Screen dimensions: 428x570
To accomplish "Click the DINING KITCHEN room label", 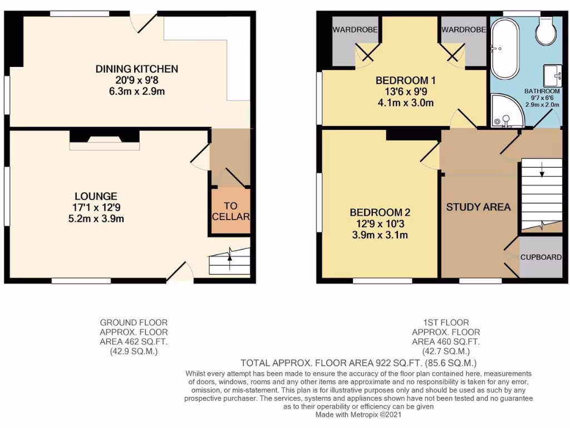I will [137, 69].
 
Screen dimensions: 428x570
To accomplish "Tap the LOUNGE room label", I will [96, 196].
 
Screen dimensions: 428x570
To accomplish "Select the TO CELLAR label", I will [230, 211].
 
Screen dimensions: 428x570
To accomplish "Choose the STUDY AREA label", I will [478, 207].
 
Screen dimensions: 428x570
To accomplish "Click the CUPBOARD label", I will [540, 257].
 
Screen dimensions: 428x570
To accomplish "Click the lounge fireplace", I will [104, 138].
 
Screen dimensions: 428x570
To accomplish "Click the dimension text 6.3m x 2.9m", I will [137, 91].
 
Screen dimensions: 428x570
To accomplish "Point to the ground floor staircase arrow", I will [229, 257].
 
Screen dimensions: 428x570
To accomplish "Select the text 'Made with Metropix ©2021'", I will [358, 415].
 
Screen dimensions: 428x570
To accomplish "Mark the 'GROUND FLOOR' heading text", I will [134, 322].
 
